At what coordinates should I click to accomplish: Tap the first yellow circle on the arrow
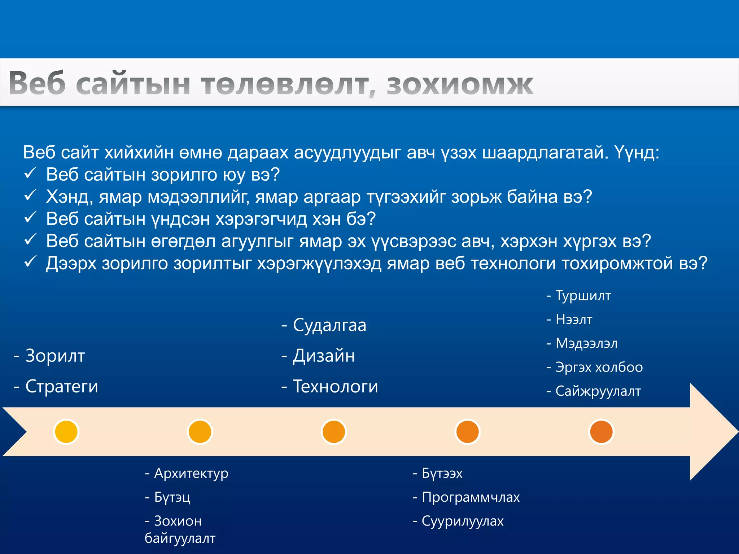tap(66, 432)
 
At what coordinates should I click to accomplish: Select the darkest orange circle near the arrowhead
tap(601, 432)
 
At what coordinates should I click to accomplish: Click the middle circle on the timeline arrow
tap(333, 432)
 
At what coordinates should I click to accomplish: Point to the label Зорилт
tap(55, 356)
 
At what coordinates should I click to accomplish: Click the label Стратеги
tap(61, 387)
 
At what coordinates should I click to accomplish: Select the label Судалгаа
tap(329, 325)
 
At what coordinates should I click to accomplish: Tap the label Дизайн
tap(323, 356)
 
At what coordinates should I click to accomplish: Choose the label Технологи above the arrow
tap(335, 387)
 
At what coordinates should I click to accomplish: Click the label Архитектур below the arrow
tap(191, 473)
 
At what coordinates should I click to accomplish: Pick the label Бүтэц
tap(172, 497)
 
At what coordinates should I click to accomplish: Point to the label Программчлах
tap(471, 497)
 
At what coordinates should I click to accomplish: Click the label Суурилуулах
tap(462, 521)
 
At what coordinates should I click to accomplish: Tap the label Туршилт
tap(583, 296)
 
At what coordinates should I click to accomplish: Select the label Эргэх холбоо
tap(599, 367)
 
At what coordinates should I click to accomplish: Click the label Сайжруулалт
tap(598, 391)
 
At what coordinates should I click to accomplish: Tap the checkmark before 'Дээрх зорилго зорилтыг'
tap(30, 262)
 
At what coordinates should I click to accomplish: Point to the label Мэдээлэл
tap(586, 343)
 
